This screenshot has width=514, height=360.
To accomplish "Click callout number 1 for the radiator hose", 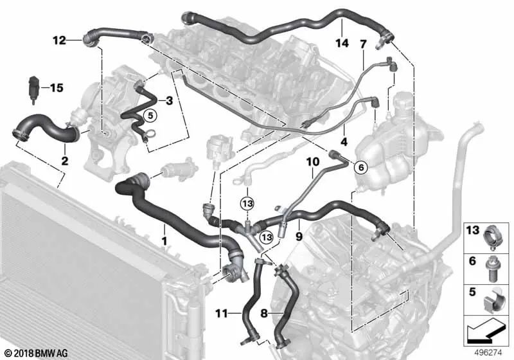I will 164,241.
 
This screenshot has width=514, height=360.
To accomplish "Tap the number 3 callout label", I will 168,101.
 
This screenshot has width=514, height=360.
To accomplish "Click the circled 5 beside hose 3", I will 149,116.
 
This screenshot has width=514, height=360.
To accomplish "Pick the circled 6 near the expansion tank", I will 360,167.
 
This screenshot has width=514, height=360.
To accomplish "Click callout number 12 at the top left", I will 59,40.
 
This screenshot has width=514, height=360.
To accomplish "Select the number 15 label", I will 57,87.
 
